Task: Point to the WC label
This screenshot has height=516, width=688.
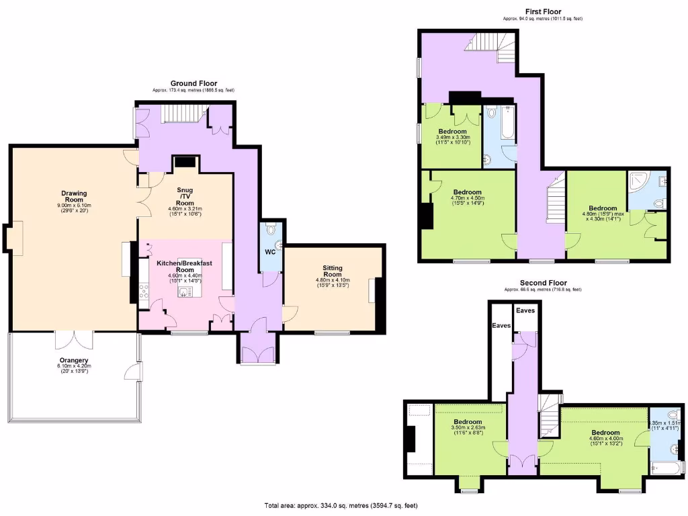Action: click(x=270, y=253)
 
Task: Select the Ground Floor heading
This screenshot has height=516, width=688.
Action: click(x=193, y=84)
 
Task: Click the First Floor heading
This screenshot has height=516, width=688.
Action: click(x=543, y=11)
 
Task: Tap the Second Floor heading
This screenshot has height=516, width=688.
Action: click(x=543, y=283)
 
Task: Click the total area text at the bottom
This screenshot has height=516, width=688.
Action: click(x=344, y=505)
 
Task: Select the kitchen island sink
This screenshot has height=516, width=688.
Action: click(x=185, y=292)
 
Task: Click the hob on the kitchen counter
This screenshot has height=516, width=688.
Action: click(x=143, y=292)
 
